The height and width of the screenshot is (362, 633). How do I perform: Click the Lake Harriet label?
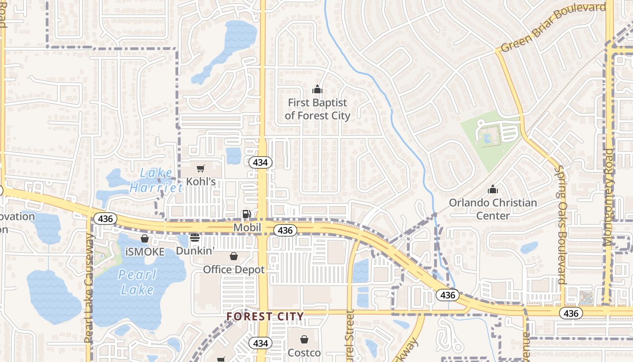pos(151,180)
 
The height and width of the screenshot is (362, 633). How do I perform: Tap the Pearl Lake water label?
pos(137,282)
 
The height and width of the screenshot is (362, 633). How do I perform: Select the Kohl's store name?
pos(201,181)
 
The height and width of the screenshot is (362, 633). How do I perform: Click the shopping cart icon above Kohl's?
pos(201,168)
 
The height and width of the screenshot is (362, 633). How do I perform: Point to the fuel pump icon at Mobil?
pos(246,214)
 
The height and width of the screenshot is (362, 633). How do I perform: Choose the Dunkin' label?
pos(194,250)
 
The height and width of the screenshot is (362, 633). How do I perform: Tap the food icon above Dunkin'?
pos(195,238)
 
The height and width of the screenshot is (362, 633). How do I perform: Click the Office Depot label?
pos(234,269)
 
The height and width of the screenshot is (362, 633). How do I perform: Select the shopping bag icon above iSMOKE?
pos(145,238)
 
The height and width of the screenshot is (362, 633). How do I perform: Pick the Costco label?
pos(304,352)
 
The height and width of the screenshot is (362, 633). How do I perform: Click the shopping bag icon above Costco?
pos(304,339)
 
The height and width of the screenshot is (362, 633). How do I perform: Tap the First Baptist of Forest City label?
pos(317,109)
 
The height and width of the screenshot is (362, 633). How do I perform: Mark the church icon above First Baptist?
pos(317,89)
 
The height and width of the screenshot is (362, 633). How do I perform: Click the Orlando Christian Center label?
pos(493,209)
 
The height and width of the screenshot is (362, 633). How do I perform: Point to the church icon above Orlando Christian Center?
pos(493,189)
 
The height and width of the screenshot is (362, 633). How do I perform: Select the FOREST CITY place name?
pos(265,316)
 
